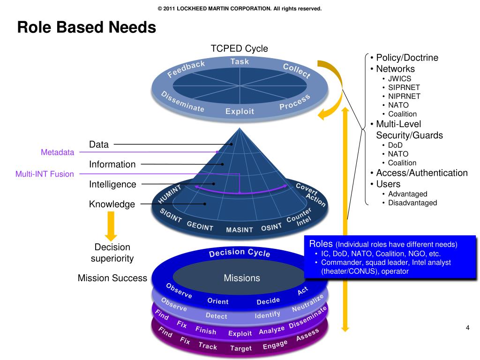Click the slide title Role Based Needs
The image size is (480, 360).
point(86,28)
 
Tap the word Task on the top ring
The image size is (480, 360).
point(240,61)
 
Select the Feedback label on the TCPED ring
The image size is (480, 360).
point(187,68)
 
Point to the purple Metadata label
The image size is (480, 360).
point(57,152)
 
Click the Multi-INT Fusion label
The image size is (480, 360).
point(45,174)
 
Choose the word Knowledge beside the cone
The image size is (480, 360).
point(112,204)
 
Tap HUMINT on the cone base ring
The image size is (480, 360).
point(169,194)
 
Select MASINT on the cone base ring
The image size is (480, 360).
point(239,230)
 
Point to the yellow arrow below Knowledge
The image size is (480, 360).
point(111,225)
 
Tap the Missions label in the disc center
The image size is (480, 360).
point(241,278)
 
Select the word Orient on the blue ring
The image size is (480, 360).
point(217,301)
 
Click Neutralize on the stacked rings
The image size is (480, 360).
point(308,303)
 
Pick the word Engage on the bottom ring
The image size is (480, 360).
point(275,345)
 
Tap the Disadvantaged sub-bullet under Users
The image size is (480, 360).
point(412,202)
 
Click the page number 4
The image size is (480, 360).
point(467,327)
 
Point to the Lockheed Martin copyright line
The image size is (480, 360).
point(240,8)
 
